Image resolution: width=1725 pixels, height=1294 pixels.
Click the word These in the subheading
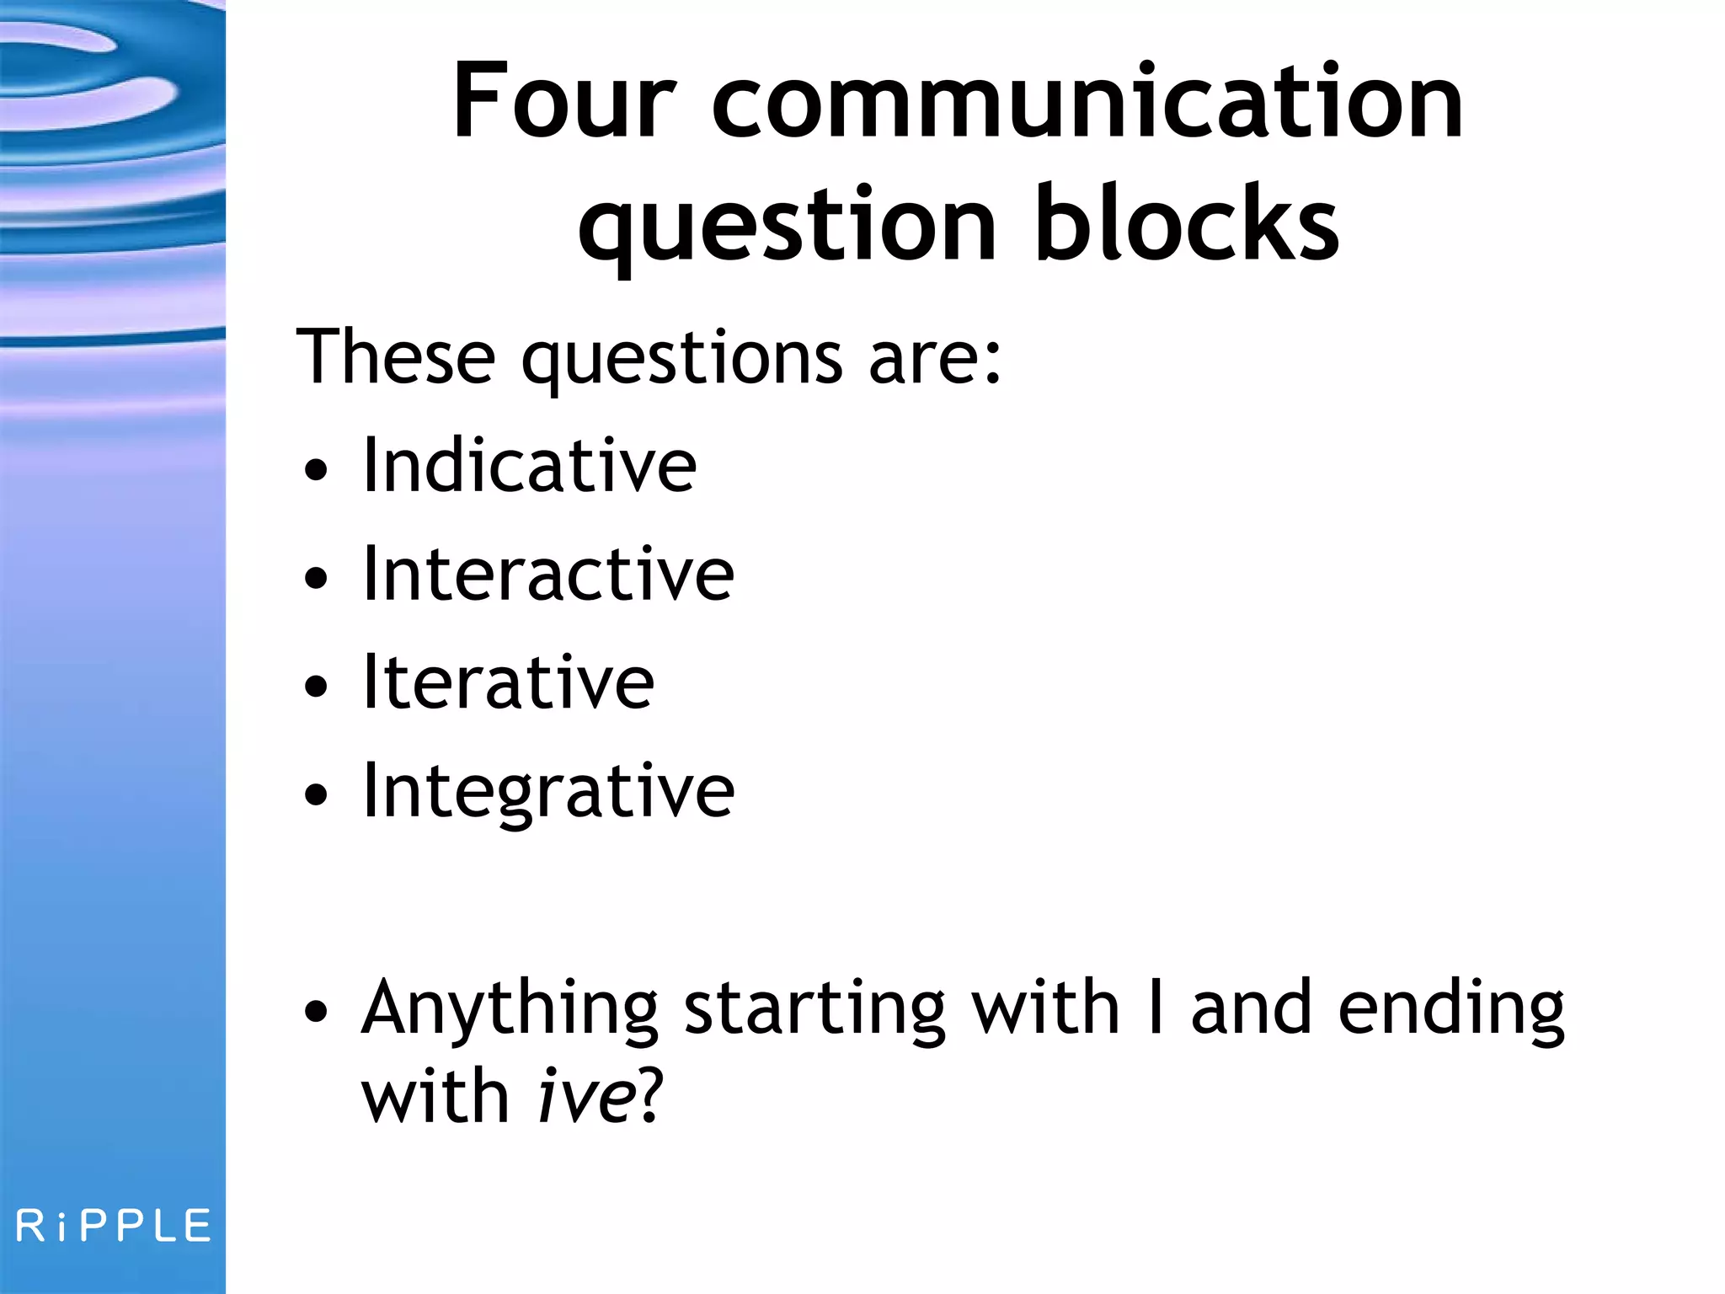click(396, 357)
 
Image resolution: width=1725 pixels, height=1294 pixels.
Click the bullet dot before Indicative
click(316, 470)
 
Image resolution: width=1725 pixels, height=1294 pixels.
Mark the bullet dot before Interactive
click(316, 579)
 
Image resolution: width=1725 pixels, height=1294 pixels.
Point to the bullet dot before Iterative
click(316, 687)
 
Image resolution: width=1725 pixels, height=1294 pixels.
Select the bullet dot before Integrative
click(316, 794)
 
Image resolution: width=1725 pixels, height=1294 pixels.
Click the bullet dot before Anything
click(316, 1011)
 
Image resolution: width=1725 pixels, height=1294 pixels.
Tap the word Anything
click(510, 1011)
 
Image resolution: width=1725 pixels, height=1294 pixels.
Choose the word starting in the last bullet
click(814, 1011)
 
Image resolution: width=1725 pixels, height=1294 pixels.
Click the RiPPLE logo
click(113, 1226)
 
